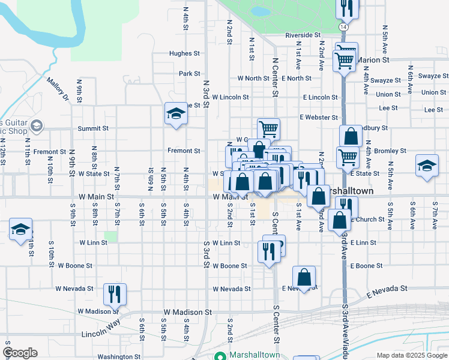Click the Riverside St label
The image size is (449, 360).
(303, 35)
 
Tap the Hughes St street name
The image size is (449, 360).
(184, 53)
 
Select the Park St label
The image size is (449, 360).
(189, 74)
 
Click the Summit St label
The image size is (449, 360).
(93, 128)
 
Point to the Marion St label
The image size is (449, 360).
(374, 60)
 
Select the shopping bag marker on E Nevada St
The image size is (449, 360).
(304, 277)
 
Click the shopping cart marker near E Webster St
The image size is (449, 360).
(268, 128)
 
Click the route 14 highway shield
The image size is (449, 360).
(342, 28)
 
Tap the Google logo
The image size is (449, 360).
(20, 352)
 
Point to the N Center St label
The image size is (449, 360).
(275, 77)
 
